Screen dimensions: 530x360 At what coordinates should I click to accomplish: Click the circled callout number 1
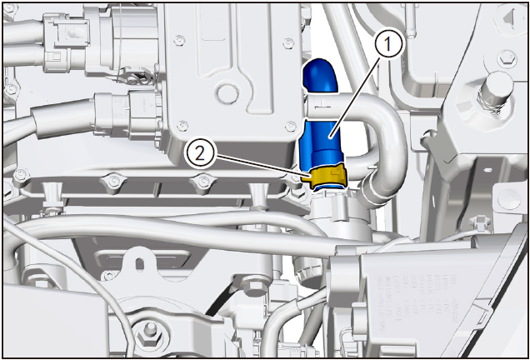click(x=387, y=44)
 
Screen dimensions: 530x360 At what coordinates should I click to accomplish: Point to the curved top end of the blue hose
click(x=320, y=75)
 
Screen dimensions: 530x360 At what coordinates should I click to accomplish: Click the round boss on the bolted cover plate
click(x=227, y=92)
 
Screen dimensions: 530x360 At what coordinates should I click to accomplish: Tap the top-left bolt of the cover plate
click(x=180, y=41)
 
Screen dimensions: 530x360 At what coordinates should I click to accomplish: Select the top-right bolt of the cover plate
click(x=288, y=43)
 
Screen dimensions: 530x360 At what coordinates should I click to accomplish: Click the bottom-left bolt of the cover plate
click(x=182, y=124)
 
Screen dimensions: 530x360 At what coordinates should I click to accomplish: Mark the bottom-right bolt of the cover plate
click(x=290, y=127)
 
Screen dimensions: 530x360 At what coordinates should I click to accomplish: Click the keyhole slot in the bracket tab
click(x=139, y=262)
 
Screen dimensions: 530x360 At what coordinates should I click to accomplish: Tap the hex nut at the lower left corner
click(x=147, y=333)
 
